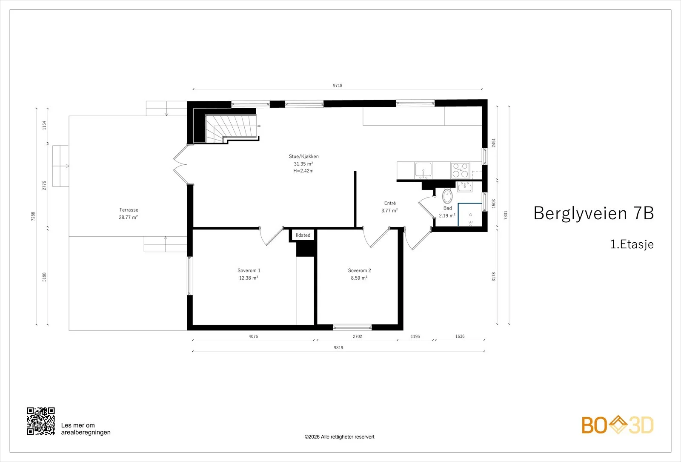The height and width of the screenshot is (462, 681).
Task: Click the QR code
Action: pos(41,421)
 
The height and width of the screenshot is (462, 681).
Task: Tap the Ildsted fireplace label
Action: pos(303,235)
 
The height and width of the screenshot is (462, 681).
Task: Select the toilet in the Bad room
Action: pos(447,196)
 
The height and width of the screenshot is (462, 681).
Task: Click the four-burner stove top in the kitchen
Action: pos(460,170)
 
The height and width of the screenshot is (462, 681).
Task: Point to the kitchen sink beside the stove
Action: pos(423,170)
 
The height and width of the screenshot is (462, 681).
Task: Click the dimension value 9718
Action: pos(338,86)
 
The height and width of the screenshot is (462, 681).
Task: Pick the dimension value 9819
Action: pos(338,347)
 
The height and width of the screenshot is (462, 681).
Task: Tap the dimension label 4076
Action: pos(253,336)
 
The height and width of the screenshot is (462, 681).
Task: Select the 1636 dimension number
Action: pos(460,336)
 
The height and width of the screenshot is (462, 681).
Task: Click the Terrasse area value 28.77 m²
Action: pos(128,217)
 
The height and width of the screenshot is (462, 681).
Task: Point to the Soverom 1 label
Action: pos(249,270)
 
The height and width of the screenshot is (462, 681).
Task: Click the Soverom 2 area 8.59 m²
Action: pos(359,278)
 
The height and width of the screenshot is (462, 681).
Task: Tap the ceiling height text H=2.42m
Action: pos(303,171)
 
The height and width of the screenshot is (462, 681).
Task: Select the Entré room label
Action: pos(390,203)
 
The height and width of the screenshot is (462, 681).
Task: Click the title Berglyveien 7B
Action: pos(593,213)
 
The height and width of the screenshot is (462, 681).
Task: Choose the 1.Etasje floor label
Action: pos(632,244)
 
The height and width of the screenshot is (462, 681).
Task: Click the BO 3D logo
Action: pos(618,425)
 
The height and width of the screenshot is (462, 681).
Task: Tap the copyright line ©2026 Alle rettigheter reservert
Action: pos(339,437)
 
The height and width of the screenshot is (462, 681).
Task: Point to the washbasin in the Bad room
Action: pos(464,187)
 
